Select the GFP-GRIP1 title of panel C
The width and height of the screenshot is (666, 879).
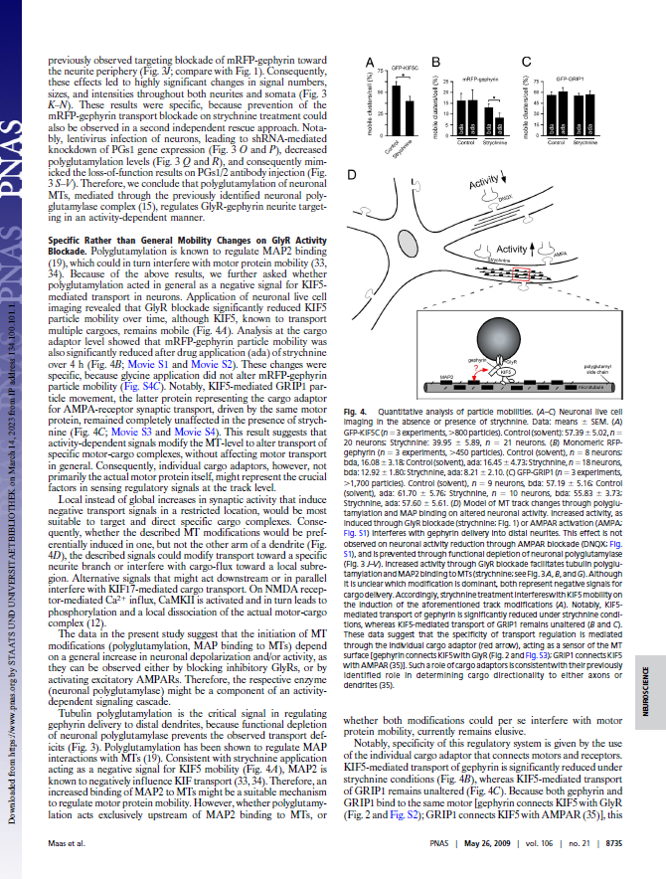(x=570, y=76)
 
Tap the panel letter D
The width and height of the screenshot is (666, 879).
(x=351, y=175)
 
